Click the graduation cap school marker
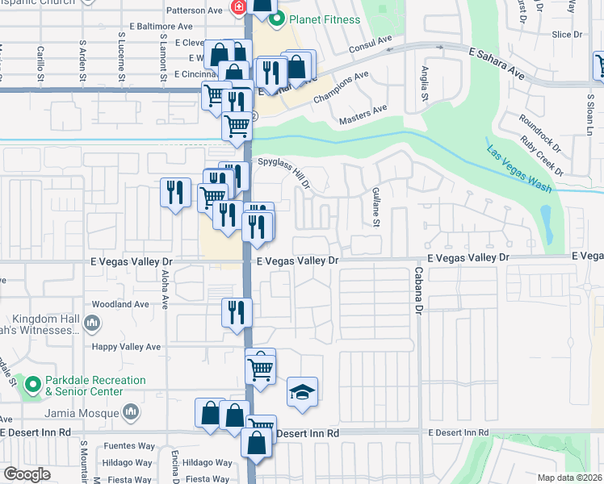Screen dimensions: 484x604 302,393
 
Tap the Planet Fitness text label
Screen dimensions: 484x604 325,19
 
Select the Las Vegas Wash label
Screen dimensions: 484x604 519,170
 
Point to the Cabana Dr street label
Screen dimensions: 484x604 419,290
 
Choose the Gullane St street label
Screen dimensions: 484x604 376,205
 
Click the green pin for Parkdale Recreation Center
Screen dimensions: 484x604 32,386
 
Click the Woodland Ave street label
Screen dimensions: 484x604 122,304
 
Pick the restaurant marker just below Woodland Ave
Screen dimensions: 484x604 237,312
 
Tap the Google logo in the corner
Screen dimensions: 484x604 27,474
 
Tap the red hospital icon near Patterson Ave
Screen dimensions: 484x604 239,8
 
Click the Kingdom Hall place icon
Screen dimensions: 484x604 92,324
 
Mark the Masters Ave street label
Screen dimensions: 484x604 363,113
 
